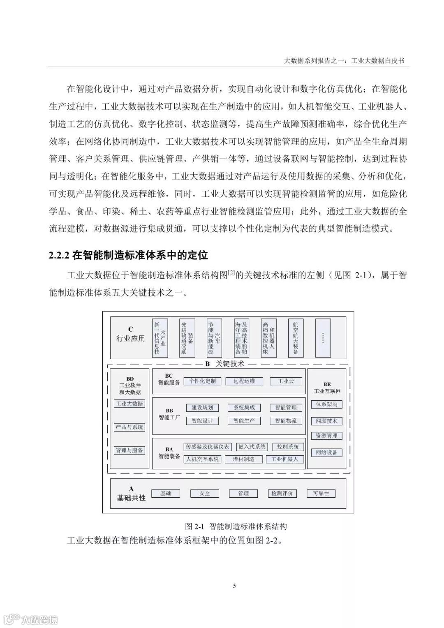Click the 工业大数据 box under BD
click(x=129, y=404)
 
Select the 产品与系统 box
click(x=129, y=427)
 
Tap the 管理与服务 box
click(x=129, y=450)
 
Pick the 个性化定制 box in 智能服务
click(x=202, y=381)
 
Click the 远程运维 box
click(x=244, y=381)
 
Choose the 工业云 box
click(x=286, y=381)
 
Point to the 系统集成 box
click(x=244, y=408)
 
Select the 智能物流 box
click(x=286, y=421)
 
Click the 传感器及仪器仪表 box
click(x=208, y=447)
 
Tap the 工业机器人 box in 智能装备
click(x=284, y=459)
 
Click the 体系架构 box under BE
click(x=327, y=404)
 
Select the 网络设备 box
click(x=327, y=453)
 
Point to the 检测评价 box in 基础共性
click(x=282, y=493)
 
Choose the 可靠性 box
click(x=321, y=493)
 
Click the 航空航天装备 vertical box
click(x=296, y=337)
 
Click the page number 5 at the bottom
click(x=234, y=586)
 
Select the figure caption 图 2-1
click(x=194, y=526)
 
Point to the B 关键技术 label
click(x=224, y=364)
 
